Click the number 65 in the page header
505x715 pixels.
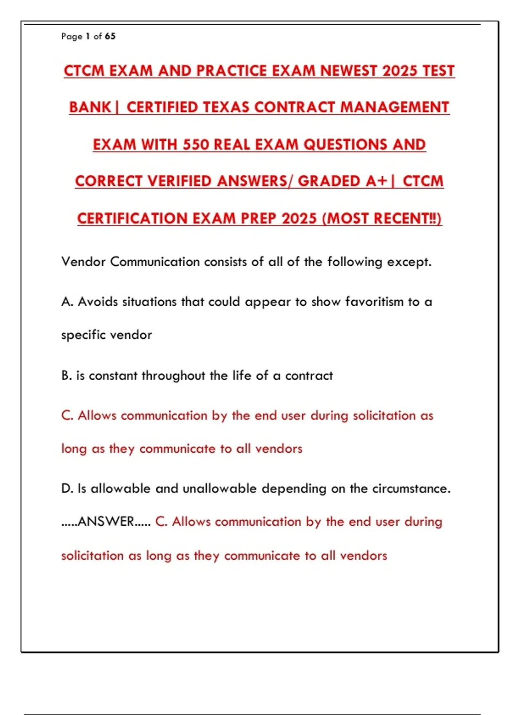click(110, 36)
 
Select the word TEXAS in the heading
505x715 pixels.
click(226, 107)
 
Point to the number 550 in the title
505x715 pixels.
click(196, 144)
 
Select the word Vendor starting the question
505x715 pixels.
click(83, 262)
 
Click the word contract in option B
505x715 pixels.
click(309, 375)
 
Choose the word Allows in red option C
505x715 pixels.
click(97, 416)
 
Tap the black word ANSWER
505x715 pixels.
click(106, 522)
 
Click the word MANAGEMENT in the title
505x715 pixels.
click(395, 107)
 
